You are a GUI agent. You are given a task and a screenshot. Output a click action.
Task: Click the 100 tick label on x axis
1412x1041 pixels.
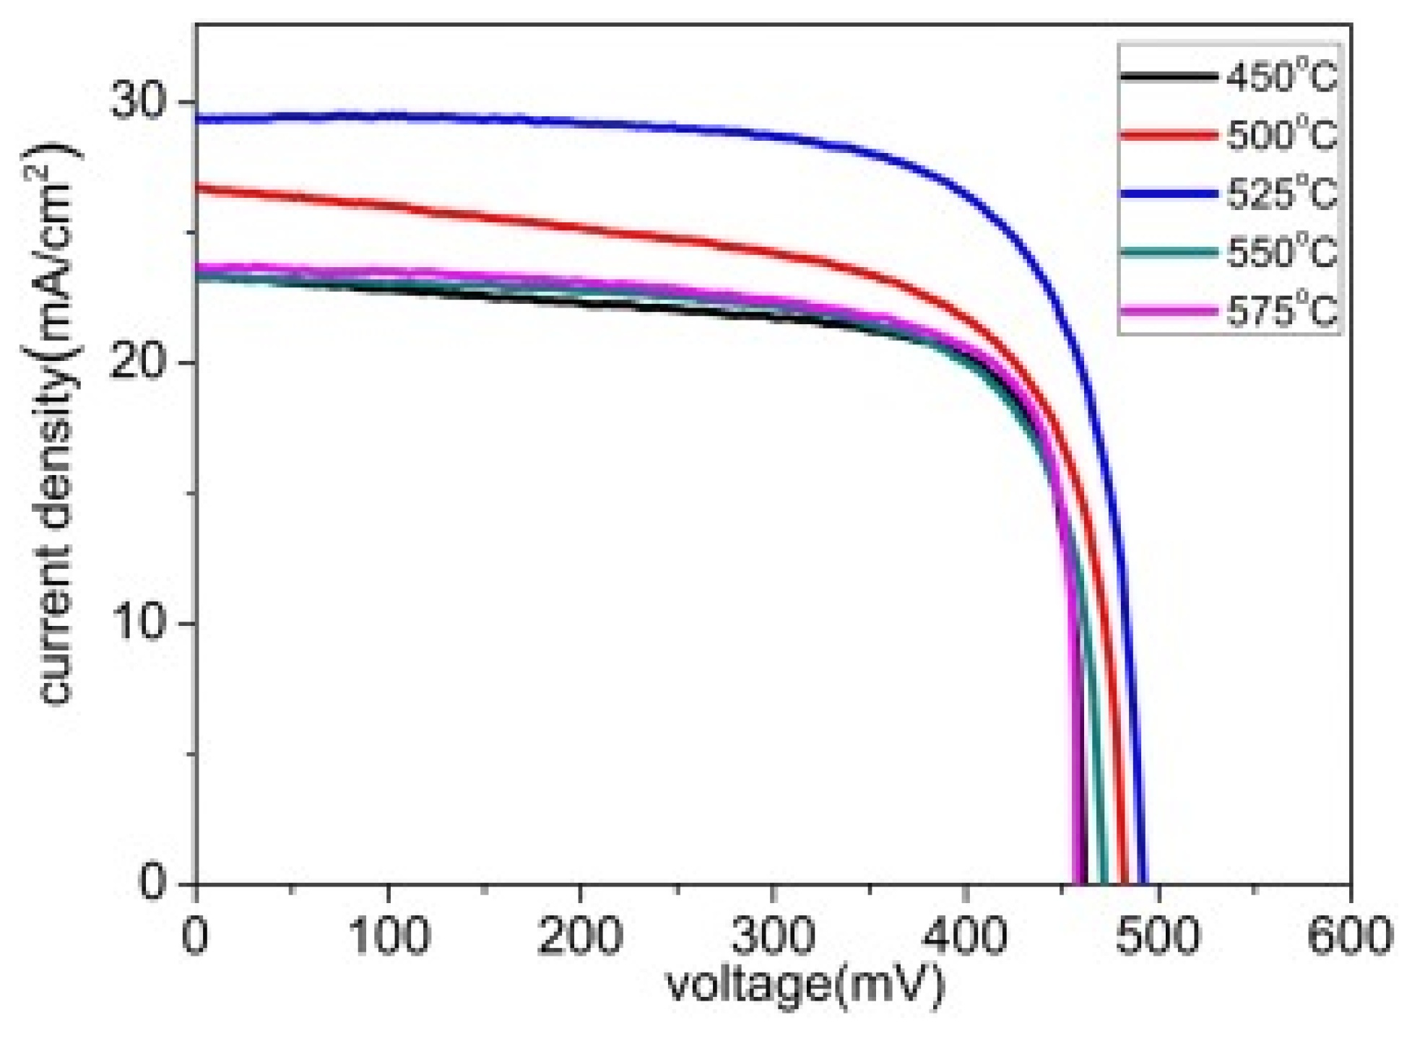[x=389, y=936]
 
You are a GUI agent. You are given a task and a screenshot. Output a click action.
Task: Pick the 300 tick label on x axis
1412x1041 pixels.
[x=774, y=936]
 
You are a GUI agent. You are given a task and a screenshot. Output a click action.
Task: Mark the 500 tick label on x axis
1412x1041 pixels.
[x=1158, y=936]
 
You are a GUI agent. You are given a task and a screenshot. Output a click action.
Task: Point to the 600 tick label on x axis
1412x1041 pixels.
[x=1349, y=936]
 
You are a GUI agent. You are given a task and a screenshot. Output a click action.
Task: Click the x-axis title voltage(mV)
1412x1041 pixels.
[x=805, y=985]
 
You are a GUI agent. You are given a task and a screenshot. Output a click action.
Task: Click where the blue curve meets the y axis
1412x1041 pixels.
[x=197, y=118]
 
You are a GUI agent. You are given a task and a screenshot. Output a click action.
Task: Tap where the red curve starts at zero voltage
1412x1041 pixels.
[x=197, y=187]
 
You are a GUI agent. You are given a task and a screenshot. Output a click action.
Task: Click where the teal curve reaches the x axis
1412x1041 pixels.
[x=1103, y=881]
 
